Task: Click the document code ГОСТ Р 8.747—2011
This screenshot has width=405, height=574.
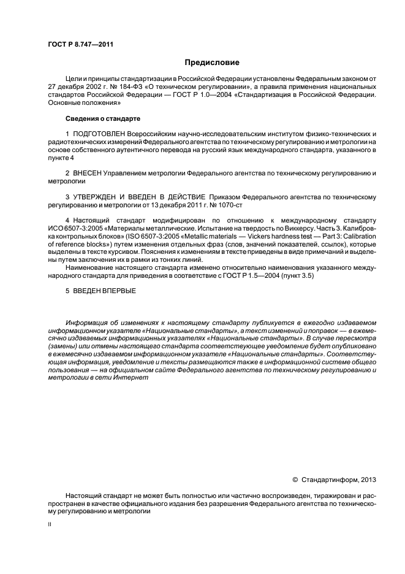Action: click(80, 44)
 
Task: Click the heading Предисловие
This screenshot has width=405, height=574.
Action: click(211, 63)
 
